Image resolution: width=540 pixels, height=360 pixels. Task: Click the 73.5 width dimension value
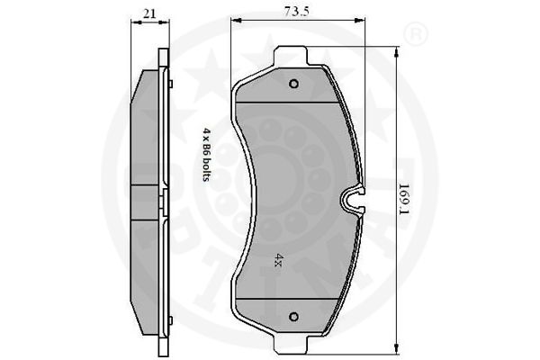[296, 11]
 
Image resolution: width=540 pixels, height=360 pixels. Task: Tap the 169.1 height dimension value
[404, 199]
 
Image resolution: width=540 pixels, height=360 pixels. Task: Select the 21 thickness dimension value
[149, 13]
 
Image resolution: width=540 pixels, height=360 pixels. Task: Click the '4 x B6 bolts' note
[206, 154]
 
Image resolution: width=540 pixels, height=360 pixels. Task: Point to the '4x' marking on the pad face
[279, 260]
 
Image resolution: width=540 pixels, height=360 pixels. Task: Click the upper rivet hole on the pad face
[293, 84]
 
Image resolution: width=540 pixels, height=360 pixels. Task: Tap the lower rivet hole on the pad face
[293, 316]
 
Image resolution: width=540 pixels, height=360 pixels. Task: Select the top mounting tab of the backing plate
[290, 56]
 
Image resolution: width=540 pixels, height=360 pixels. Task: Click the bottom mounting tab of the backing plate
[290, 345]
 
